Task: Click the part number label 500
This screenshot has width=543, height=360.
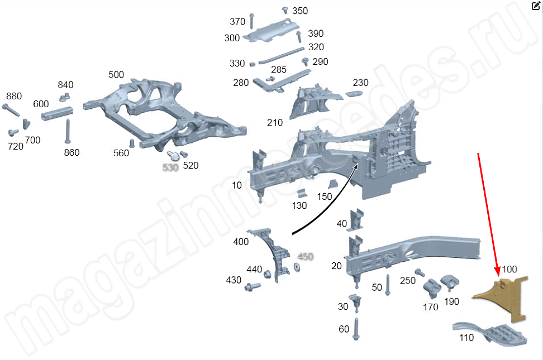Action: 116,75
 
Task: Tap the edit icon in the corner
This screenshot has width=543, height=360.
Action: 535,6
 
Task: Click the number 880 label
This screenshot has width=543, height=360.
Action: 13,96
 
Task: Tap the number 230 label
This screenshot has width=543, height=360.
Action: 360,83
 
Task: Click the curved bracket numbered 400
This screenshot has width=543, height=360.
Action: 274,251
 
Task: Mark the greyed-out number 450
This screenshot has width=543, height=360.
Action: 305,257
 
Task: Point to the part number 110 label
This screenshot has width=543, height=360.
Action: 466,338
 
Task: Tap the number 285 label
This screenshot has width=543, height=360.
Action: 279,70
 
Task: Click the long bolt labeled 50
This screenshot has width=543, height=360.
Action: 388,285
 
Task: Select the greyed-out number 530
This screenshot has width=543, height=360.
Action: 170,167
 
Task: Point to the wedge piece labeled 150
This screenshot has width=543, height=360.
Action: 334,185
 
